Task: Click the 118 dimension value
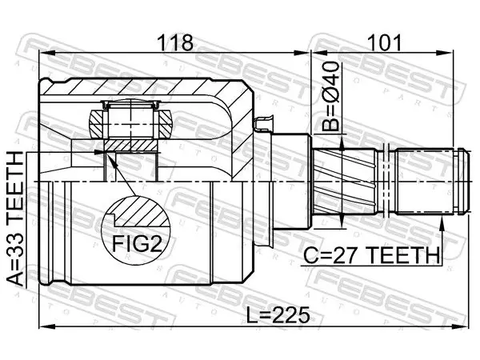coord(174,43)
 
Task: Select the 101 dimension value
coord(384,43)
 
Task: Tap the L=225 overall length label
coord(278,315)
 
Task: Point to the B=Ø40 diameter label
coord(331,97)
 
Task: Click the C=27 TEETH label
coord(371,255)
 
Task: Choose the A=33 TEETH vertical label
coord(15,218)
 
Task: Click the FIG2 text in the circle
coord(136,244)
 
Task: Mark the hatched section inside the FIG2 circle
coord(139,212)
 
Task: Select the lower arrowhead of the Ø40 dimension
coord(342,221)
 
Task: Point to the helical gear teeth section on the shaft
coord(344,182)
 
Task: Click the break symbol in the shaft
coord(386,182)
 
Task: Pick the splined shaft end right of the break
coord(432,182)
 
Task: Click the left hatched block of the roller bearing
coord(97,124)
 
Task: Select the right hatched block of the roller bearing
coord(164,124)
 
